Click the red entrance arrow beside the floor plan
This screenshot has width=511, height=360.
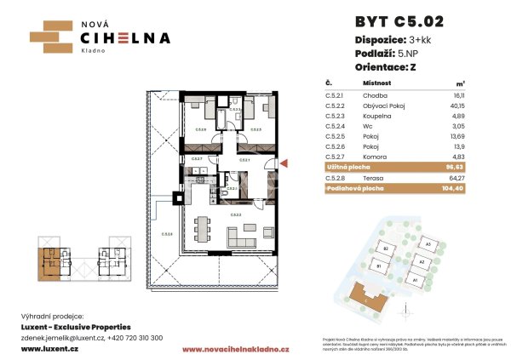(x=284, y=163)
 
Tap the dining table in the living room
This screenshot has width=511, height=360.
(x=203, y=229)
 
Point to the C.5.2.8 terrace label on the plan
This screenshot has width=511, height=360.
(x=168, y=234)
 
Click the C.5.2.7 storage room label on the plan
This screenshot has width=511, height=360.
(x=198, y=159)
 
